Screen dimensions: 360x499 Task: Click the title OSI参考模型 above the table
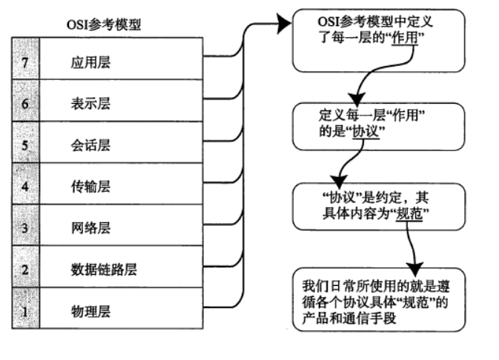point(104,24)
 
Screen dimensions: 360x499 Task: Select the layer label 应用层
point(86,62)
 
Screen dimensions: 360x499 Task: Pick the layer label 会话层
point(86,145)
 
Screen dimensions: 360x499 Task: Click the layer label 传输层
point(86,186)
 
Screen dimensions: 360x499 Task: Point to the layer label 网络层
point(86,227)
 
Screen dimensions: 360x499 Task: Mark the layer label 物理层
point(86,310)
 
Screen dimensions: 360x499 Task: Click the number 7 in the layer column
point(25,62)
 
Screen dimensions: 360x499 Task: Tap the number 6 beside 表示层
point(25,104)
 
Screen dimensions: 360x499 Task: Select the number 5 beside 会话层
point(25,145)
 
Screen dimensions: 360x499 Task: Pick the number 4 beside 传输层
point(25,186)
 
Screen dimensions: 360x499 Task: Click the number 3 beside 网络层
point(25,227)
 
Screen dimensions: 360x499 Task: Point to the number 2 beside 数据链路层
point(25,269)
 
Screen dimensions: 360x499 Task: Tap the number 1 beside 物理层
point(25,310)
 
